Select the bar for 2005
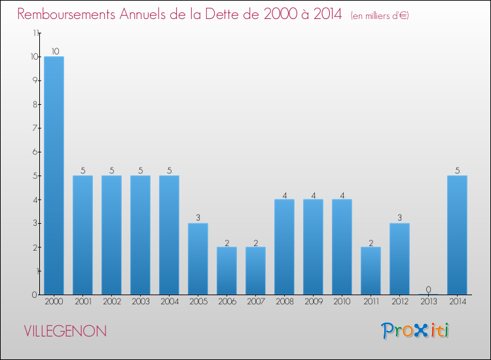pyautogui.click(x=198, y=259)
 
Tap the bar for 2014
pyautogui.click(x=457, y=235)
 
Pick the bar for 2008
pyautogui.click(x=284, y=247)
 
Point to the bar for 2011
pyautogui.click(x=371, y=270)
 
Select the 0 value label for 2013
pyautogui.click(x=428, y=289)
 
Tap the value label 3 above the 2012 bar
pyautogui.click(x=399, y=218)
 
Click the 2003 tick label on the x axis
pyautogui.click(x=140, y=302)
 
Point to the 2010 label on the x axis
pyautogui.click(x=342, y=302)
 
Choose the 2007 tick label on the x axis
pyautogui.click(x=255, y=302)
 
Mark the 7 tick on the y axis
pyautogui.click(x=36, y=128)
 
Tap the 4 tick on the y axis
pyautogui.click(x=36, y=199)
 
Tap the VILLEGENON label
pyautogui.click(x=65, y=331)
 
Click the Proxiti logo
pyautogui.click(x=416, y=331)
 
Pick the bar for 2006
pyautogui.click(x=227, y=270)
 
